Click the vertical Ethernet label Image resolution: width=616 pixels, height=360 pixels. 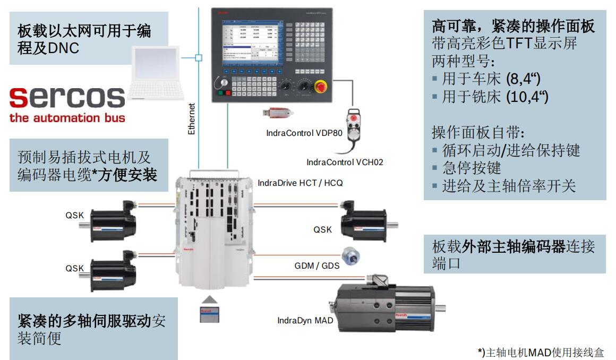pyautogui.click(x=192, y=118)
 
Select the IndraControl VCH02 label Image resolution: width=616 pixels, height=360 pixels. pyautogui.click(x=345, y=162)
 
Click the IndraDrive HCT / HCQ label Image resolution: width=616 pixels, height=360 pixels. pyautogui.click(x=300, y=183)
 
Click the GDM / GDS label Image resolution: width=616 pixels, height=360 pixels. pyautogui.click(x=317, y=265)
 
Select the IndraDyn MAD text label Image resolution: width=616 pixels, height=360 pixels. pyautogui.click(x=305, y=320)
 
